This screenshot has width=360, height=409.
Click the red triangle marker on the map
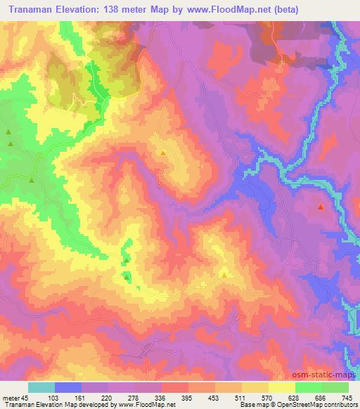[321, 207]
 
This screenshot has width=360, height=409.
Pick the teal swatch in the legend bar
[41, 387]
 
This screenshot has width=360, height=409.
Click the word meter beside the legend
[12, 397]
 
